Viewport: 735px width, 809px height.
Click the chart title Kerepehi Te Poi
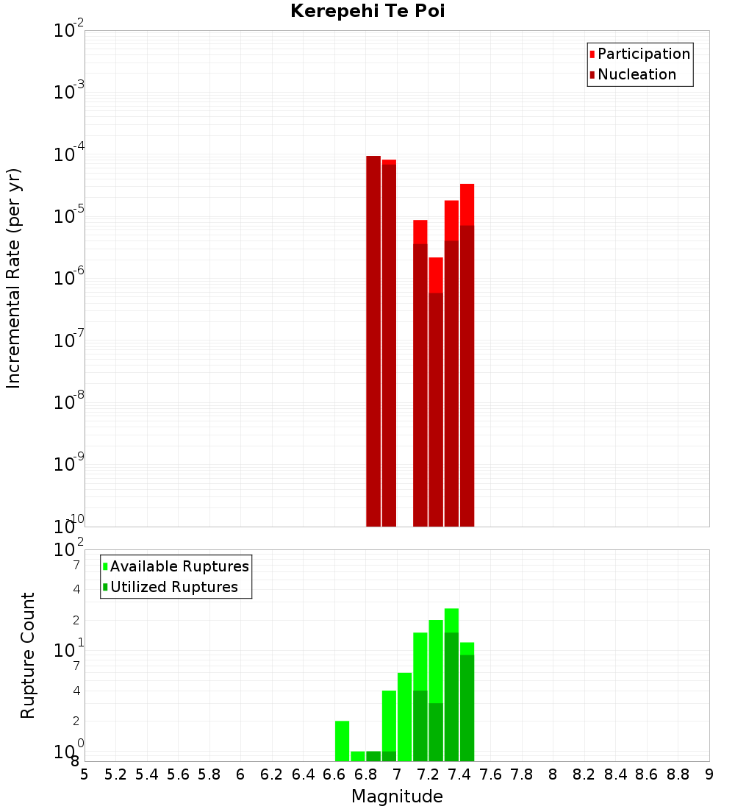click(367, 11)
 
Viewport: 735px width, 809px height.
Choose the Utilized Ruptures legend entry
click(173, 587)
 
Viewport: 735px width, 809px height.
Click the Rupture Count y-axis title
click(28, 655)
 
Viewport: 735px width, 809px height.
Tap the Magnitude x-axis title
click(397, 796)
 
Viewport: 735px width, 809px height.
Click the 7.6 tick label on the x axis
click(490, 774)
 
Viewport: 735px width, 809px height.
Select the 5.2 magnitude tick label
click(115, 774)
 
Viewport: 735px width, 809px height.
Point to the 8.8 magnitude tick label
click(678, 774)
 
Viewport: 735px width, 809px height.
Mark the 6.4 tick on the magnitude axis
click(303, 774)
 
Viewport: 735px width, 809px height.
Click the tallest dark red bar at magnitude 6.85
click(373, 338)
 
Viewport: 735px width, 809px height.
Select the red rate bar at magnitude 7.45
click(467, 353)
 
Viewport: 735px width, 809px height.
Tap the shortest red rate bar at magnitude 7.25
click(436, 390)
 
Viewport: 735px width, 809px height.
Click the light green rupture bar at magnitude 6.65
click(342, 741)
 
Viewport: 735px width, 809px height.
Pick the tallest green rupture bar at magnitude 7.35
click(451, 684)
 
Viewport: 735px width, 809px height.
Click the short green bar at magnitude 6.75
click(358, 756)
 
